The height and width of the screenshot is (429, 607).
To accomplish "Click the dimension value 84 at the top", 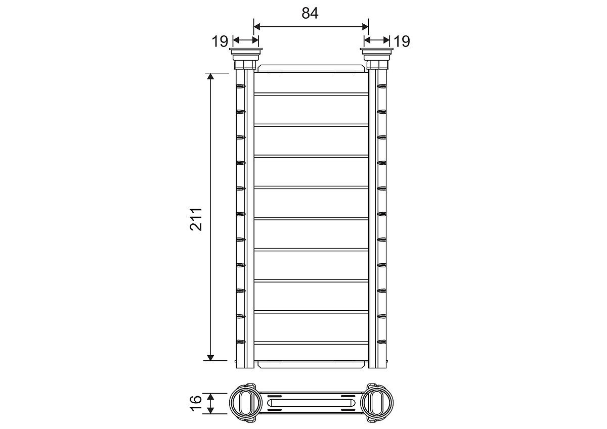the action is click(310, 13).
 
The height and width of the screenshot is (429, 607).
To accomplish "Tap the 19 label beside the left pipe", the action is click(220, 41).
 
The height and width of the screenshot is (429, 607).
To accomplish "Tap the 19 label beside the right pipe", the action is click(402, 41).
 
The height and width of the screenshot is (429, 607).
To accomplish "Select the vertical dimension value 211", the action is click(196, 219).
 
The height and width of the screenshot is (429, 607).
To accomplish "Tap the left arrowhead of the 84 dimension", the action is click(257, 26).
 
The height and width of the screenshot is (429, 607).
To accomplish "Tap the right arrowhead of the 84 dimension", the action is click(365, 26).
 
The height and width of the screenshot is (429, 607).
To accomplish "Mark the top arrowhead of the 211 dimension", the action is click(210, 76).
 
